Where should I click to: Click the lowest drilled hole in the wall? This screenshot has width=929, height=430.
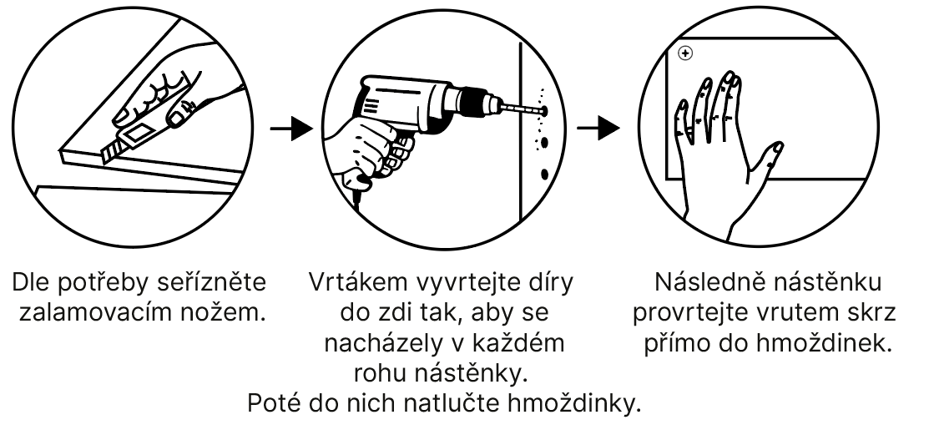pyautogui.click(x=545, y=175)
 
